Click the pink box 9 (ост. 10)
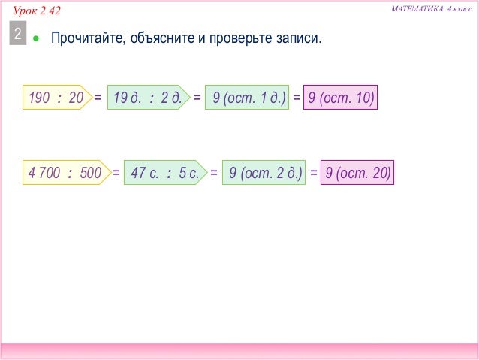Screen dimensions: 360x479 pyautogui.click(x=340, y=98)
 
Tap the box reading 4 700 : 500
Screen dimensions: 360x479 pyautogui.click(x=65, y=174)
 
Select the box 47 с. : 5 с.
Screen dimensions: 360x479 pyautogui.click(x=164, y=174)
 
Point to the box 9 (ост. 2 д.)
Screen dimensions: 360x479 pyautogui.click(x=264, y=174)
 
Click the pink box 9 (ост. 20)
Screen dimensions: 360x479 pyautogui.click(x=357, y=174)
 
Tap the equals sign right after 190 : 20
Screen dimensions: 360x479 pyautogui.click(x=98, y=98)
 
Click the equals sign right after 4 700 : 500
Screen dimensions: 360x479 pyautogui.click(x=116, y=174)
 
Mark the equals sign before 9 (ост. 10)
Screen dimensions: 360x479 pyautogui.click(x=296, y=98)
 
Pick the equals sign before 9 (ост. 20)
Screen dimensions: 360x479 pyautogui.click(x=313, y=174)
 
